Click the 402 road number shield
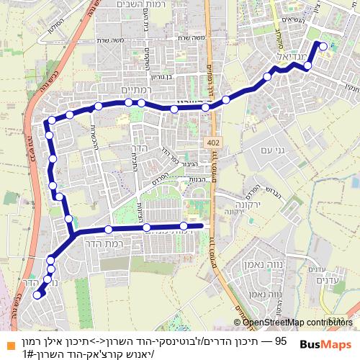click(212, 143)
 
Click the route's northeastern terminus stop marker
click(323, 47)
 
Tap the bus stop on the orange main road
click(205, 107)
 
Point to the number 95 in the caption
click(281, 340)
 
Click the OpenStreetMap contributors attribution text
click(297, 323)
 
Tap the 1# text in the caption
click(29, 353)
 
